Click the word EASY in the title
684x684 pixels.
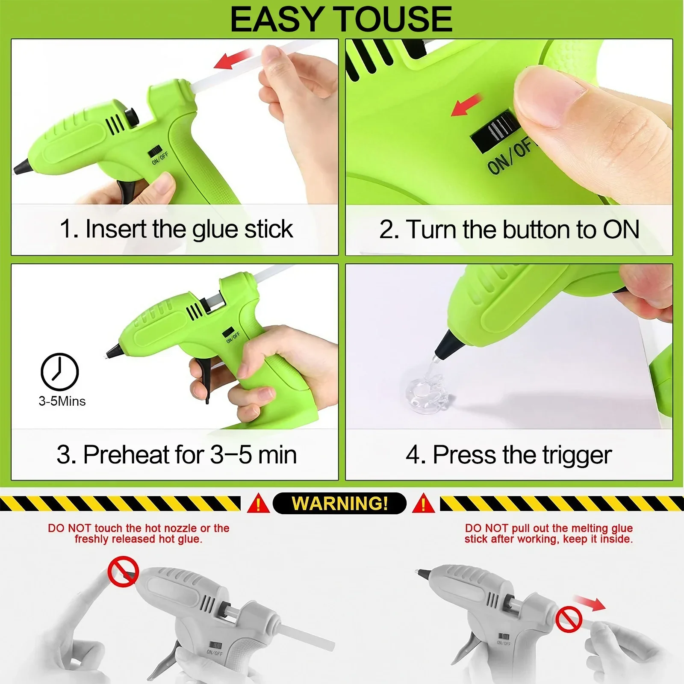coord(277,19)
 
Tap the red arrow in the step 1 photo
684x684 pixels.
coord(233,59)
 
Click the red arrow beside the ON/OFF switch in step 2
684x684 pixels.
coord(467,105)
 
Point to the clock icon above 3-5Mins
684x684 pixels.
coord(60,372)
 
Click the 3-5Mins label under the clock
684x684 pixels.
coord(62,401)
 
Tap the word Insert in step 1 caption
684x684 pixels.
coord(116,229)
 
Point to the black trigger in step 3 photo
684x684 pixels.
coord(202,376)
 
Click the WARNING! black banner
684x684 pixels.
coord(339,503)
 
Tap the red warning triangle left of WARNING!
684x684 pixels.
coord(258,503)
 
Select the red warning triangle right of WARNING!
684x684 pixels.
coord(423,503)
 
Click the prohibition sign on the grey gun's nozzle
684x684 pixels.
coord(123,572)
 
